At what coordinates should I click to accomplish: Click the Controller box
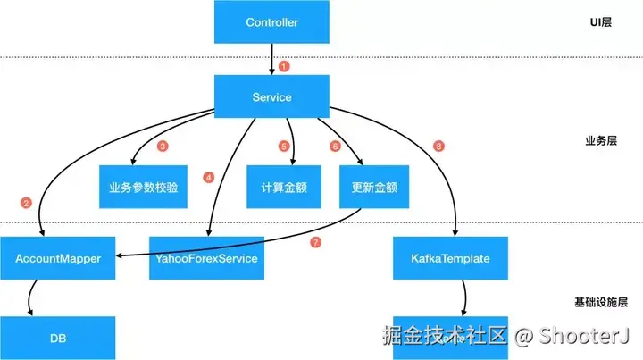coord(271,21)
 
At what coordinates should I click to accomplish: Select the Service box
coord(271,96)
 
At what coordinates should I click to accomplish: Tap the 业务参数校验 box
coord(143,188)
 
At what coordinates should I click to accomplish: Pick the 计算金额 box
coord(283,188)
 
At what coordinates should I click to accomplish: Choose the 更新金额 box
coord(368,188)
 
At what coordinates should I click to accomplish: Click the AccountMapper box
coord(58,258)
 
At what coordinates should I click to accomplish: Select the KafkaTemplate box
coord(451,258)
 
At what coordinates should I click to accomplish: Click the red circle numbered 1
coord(284,65)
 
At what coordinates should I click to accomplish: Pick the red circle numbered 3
coord(163,145)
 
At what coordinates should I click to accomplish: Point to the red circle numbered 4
coord(209,176)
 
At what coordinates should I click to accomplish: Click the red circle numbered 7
coord(313,242)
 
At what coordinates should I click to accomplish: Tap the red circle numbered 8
coord(437,145)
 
